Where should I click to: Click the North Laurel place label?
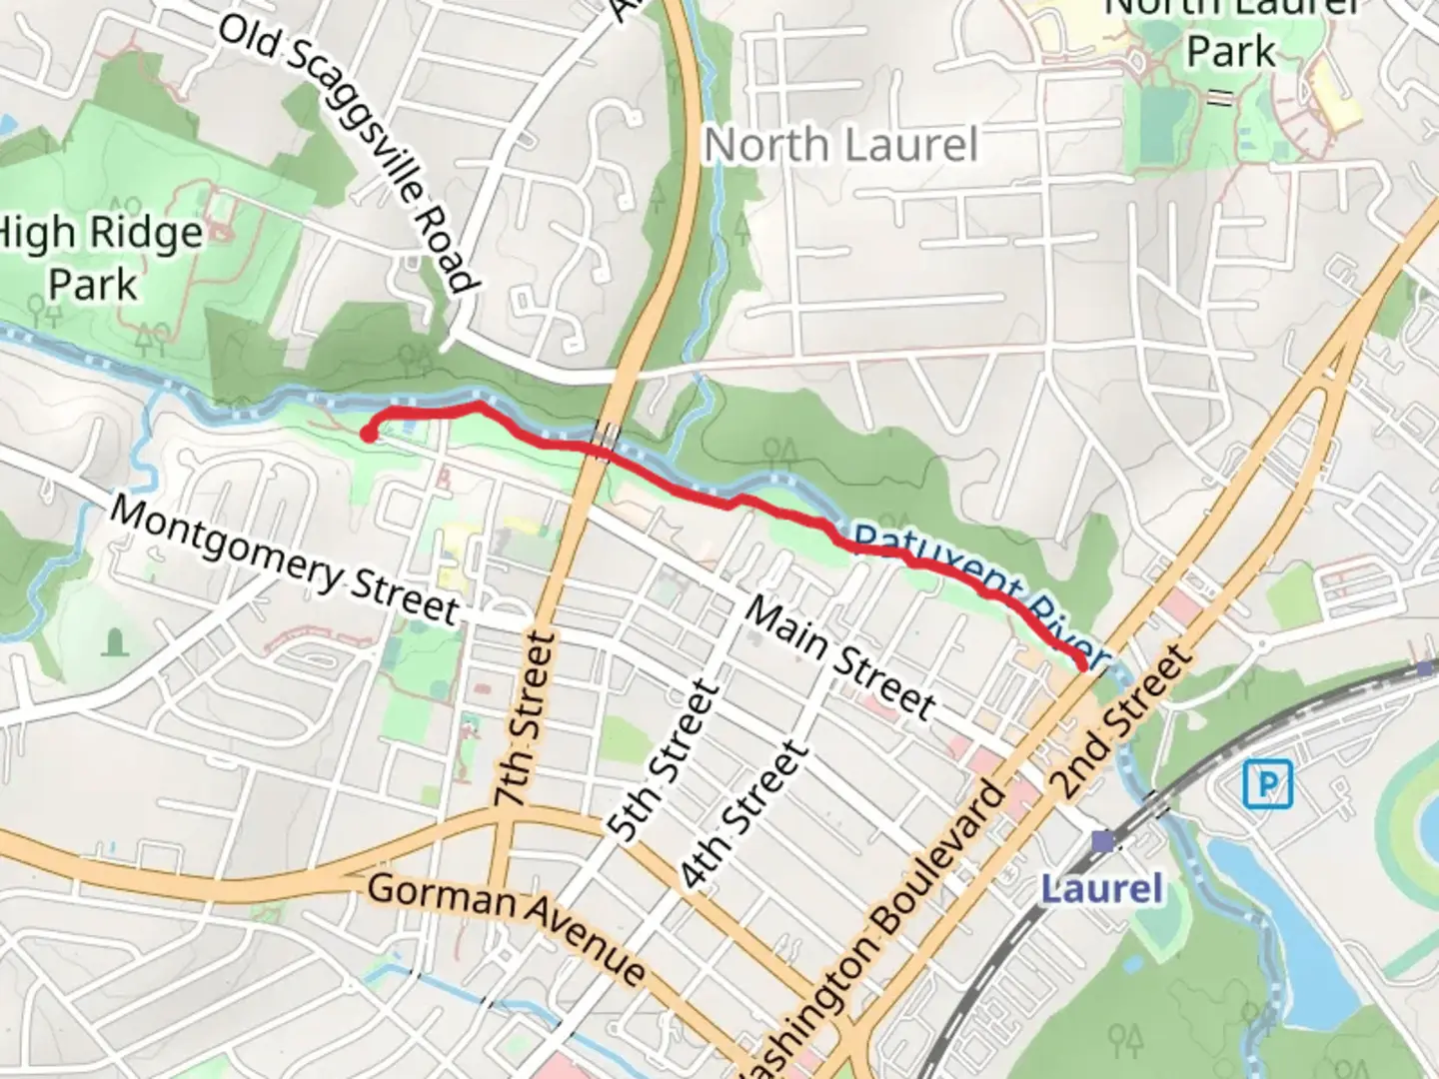click(x=840, y=146)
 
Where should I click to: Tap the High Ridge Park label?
click(x=98, y=258)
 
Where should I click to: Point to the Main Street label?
click(x=840, y=659)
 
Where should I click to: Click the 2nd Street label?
click(x=1123, y=721)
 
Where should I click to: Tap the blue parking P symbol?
click(x=1268, y=783)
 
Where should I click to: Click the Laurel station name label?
click(x=1102, y=888)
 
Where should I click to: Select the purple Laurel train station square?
click(x=1102, y=842)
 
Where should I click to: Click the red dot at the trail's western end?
click(x=368, y=435)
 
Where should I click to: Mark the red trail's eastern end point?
click(x=1082, y=663)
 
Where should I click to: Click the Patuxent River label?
click(x=979, y=589)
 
